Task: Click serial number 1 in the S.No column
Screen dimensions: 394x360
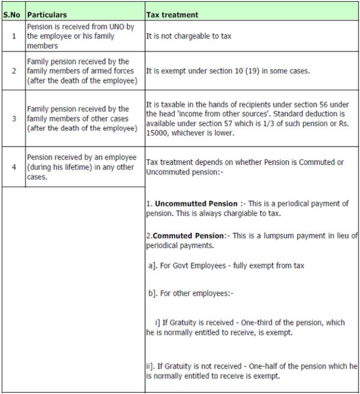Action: pyautogui.click(x=13, y=36)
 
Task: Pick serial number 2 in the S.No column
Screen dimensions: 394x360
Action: pyautogui.click(x=13, y=71)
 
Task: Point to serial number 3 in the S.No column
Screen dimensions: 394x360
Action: pyautogui.click(x=13, y=118)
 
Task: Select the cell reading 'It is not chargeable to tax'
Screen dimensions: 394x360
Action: pyautogui.click(x=189, y=36)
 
